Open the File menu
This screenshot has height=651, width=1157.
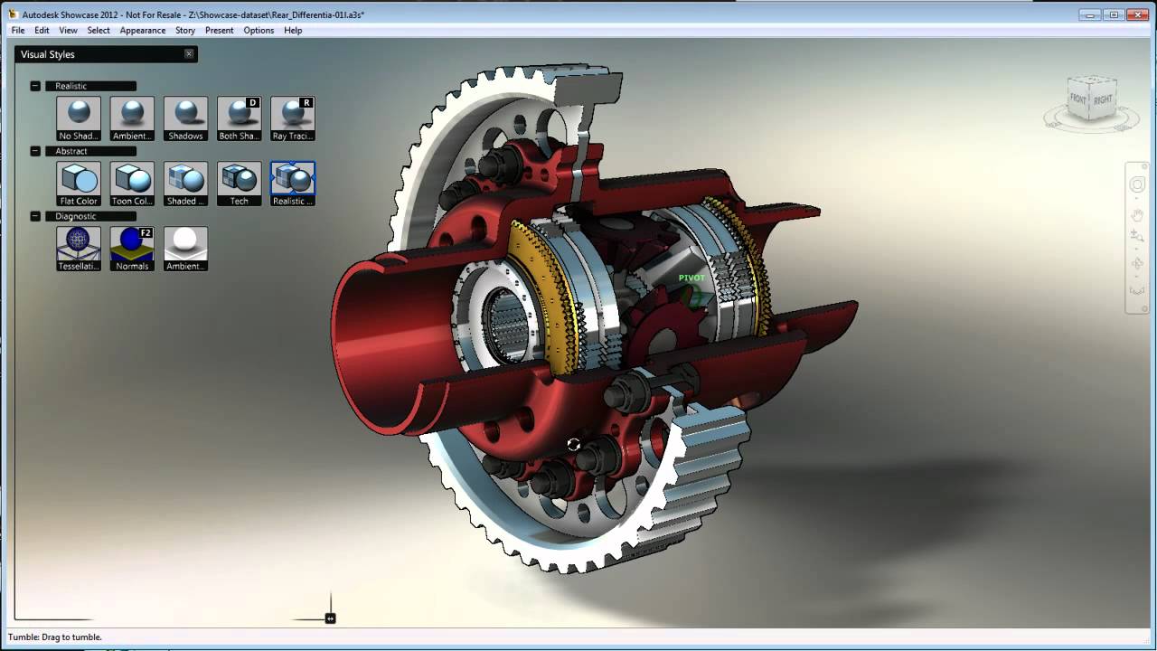click(x=18, y=30)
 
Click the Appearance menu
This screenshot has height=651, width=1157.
click(x=143, y=30)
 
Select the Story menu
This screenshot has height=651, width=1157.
click(x=185, y=30)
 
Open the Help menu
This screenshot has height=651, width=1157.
click(x=293, y=30)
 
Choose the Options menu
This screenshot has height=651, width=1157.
click(x=259, y=30)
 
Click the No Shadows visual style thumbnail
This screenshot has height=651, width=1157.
click(x=79, y=118)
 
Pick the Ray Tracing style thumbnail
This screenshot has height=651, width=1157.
click(x=293, y=118)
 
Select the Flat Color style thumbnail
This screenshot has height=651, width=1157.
click(x=79, y=183)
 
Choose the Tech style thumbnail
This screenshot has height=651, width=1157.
click(x=240, y=183)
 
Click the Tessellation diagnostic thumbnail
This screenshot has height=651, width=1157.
click(x=79, y=248)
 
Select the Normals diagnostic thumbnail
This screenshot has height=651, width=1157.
click(x=132, y=248)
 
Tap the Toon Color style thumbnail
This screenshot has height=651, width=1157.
click(x=132, y=183)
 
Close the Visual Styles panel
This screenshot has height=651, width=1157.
click(x=189, y=54)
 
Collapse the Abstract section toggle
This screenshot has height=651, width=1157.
click(x=35, y=151)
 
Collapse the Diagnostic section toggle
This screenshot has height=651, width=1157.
click(x=35, y=216)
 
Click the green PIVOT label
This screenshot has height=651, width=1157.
click(x=691, y=278)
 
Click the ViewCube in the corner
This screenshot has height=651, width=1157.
click(x=1091, y=98)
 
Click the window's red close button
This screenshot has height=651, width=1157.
click(x=1135, y=14)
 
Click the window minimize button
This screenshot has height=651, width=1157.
click(x=1091, y=14)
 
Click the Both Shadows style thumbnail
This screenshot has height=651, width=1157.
click(x=240, y=118)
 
